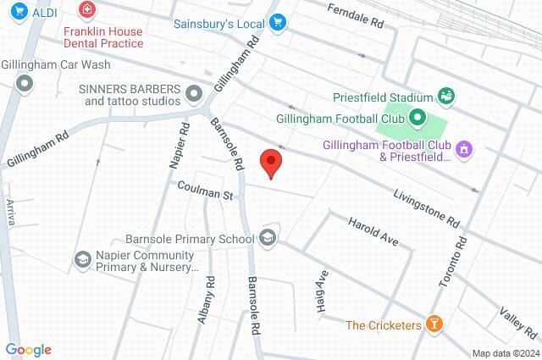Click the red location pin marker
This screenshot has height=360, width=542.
(x=270, y=162)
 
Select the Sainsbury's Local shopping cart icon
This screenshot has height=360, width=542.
(x=277, y=23)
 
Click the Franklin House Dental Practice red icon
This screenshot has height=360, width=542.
(x=86, y=10)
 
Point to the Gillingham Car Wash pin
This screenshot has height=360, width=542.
(x=25, y=83)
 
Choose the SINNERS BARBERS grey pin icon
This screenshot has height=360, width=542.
(x=195, y=92)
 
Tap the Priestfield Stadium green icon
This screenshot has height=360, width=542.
(x=445, y=96)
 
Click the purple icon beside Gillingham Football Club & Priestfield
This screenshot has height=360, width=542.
(x=462, y=150)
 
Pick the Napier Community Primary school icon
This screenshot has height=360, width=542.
(x=83, y=258)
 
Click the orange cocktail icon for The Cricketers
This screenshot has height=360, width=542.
(x=434, y=324)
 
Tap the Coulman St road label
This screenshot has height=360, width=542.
(x=204, y=195)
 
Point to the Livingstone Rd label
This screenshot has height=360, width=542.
(x=426, y=207)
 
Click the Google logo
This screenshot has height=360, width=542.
(x=28, y=350)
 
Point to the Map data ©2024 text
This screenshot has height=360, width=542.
(x=504, y=353)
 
